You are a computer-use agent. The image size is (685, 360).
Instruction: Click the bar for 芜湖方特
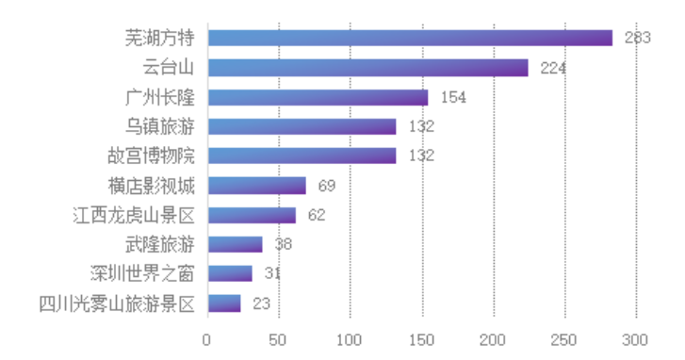tap(410, 38)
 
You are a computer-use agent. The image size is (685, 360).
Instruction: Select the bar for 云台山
tap(367, 68)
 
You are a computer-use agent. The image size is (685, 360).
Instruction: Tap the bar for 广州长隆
tap(318, 97)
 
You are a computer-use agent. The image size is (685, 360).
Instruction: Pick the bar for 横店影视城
tap(256, 185)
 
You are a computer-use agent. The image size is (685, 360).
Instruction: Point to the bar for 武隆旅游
tap(235, 244)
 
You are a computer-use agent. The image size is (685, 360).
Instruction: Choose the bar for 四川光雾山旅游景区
tap(224, 303)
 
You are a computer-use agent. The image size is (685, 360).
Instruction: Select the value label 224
tap(553, 68)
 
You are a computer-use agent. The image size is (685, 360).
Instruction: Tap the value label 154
tap(453, 97)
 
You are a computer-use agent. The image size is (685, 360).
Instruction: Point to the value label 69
tap(328, 186)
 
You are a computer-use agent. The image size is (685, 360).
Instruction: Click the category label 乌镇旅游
tap(160, 126)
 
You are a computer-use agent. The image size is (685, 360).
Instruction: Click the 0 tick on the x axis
tap(207, 338)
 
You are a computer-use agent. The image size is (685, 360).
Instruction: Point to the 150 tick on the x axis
tap(421, 338)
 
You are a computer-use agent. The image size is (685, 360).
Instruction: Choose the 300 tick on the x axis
tap(636, 338)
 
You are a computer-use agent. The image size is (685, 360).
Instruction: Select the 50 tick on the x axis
tap(279, 338)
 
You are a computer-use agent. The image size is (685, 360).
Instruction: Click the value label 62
tap(317, 215)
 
